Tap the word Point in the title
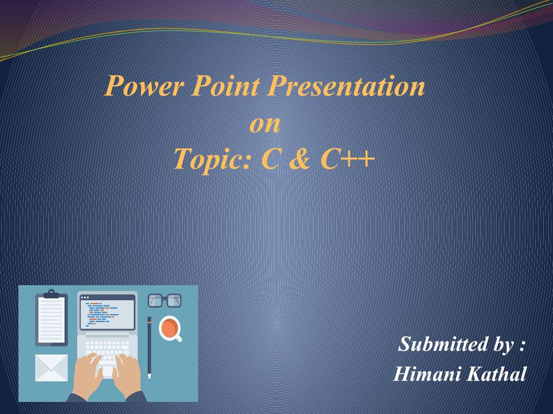pos(225,86)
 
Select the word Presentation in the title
pos(346,86)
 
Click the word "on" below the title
pos(265,125)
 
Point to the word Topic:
pos(213,159)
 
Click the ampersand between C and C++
pos(300,159)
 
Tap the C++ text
pos(347,159)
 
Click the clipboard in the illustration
pos(51,318)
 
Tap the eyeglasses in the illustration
pos(164,300)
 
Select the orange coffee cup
pos(171,328)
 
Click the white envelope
pos(51,368)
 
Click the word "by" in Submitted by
pos(503,344)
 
